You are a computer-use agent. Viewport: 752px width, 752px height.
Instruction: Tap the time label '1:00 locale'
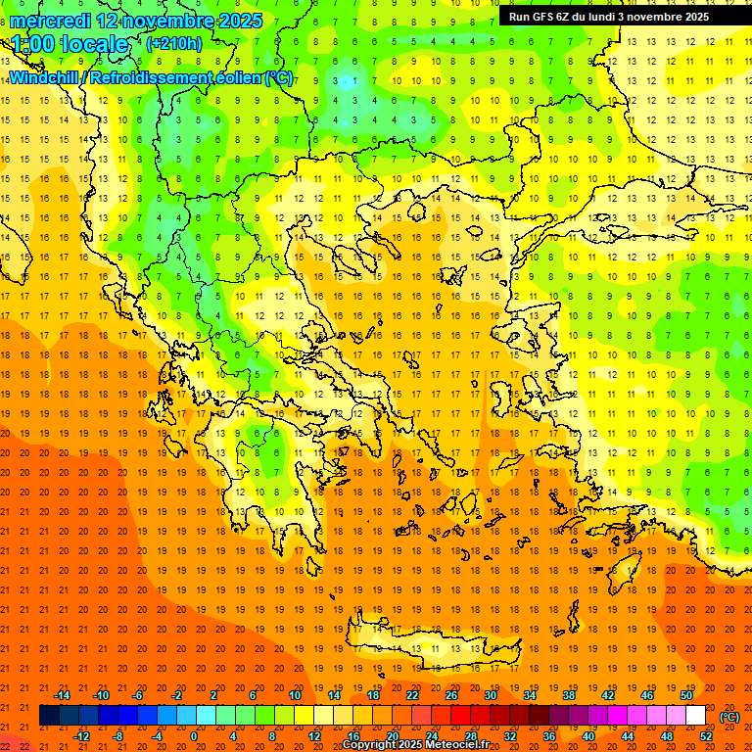pyautogui.click(x=70, y=44)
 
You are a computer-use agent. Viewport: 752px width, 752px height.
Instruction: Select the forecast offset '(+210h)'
pyautogui.click(x=173, y=43)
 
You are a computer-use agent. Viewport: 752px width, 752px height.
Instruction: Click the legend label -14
pyautogui.click(x=62, y=695)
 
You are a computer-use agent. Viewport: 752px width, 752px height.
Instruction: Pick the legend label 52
pyautogui.click(x=706, y=736)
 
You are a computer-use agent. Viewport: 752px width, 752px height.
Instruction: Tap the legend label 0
pyautogui.click(x=194, y=736)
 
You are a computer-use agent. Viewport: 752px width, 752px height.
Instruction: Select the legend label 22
pyautogui.click(x=412, y=695)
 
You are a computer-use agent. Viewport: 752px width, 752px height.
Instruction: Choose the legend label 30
pyautogui.click(x=491, y=695)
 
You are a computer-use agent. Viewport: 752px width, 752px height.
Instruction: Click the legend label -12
pyautogui.click(x=81, y=736)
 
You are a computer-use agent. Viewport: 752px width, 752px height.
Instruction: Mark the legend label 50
pyautogui.click(x=686, y=695)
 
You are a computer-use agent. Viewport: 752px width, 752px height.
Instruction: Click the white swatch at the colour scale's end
pyautogui.click(x=696, y=716)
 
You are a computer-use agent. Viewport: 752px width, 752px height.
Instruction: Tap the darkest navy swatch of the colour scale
pyautogui.click(x=49, y=716)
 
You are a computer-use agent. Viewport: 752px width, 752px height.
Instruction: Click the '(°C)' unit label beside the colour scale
pyautogui.click(x=729, y=717)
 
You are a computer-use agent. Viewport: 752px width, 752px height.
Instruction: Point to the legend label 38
pyautogui.click(x=569, y=695)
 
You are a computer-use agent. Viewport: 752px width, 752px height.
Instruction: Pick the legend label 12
pyautogui.click(x=314, y=736)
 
